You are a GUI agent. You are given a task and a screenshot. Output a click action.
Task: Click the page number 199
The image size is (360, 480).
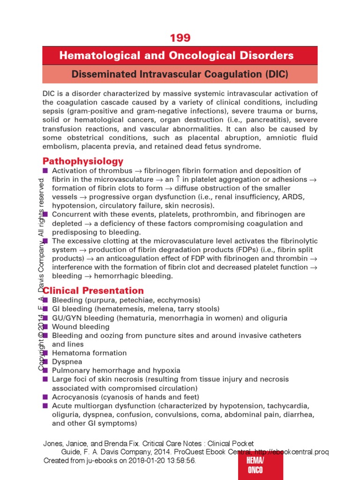point(180,38)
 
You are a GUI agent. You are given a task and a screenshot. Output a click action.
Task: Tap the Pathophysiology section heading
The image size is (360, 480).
point(83,161)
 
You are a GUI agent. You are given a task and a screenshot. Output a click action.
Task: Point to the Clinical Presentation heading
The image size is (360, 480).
point(93,291)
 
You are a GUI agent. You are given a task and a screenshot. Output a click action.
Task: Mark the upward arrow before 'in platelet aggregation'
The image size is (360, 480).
point(177,179)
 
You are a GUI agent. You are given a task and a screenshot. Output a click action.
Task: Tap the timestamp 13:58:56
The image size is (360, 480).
point(178,461)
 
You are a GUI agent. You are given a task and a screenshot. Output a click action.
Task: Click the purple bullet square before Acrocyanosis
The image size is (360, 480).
point(45,397)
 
